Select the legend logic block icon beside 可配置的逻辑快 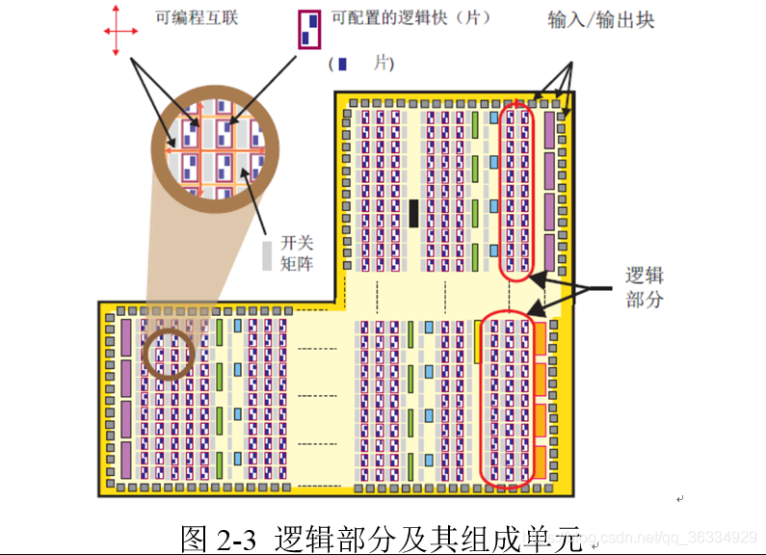308,29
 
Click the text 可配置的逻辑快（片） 410,17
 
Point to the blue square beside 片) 343,64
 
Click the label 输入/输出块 600,19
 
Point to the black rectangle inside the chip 413,213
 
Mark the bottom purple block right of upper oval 549,252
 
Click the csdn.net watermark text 674,536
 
